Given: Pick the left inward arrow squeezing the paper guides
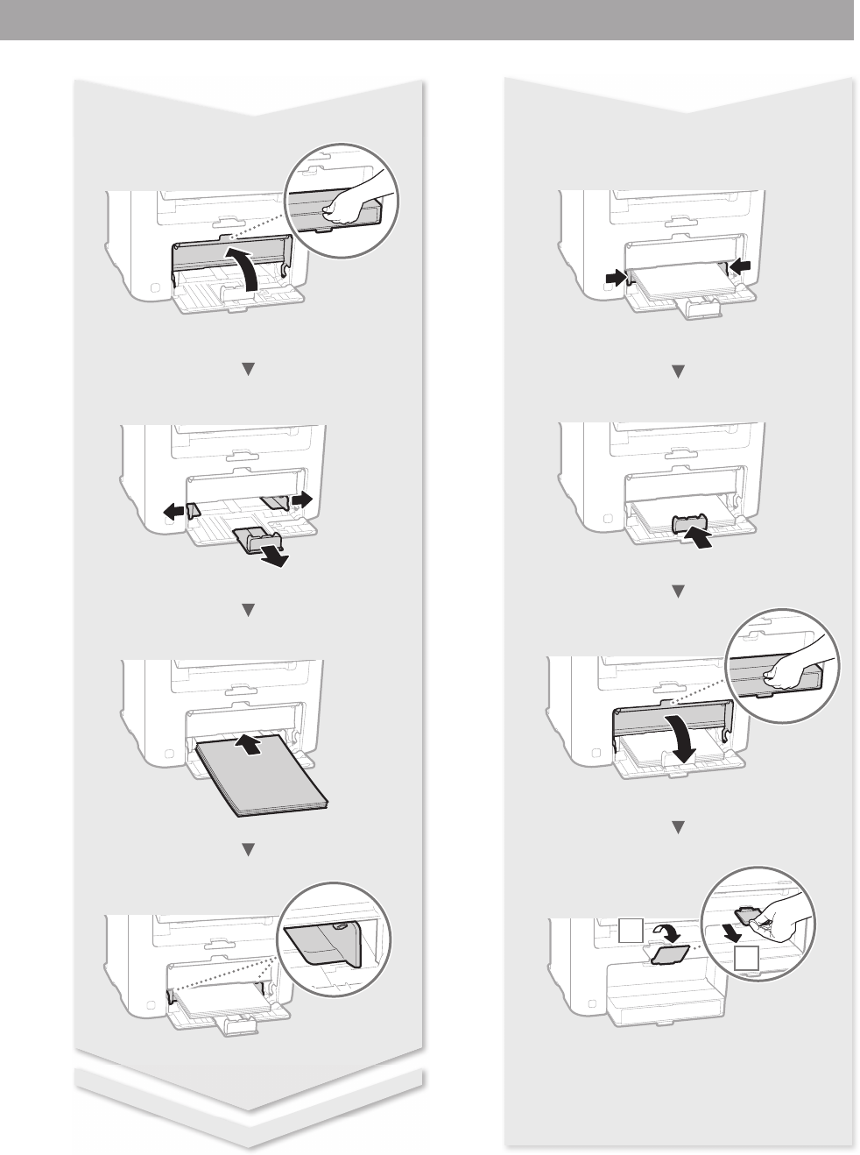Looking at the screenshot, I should [616, 277].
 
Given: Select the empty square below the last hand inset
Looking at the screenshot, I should [745, 959].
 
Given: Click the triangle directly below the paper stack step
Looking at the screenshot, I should [247, 848].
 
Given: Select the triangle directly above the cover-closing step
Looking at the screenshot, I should [677, 592].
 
